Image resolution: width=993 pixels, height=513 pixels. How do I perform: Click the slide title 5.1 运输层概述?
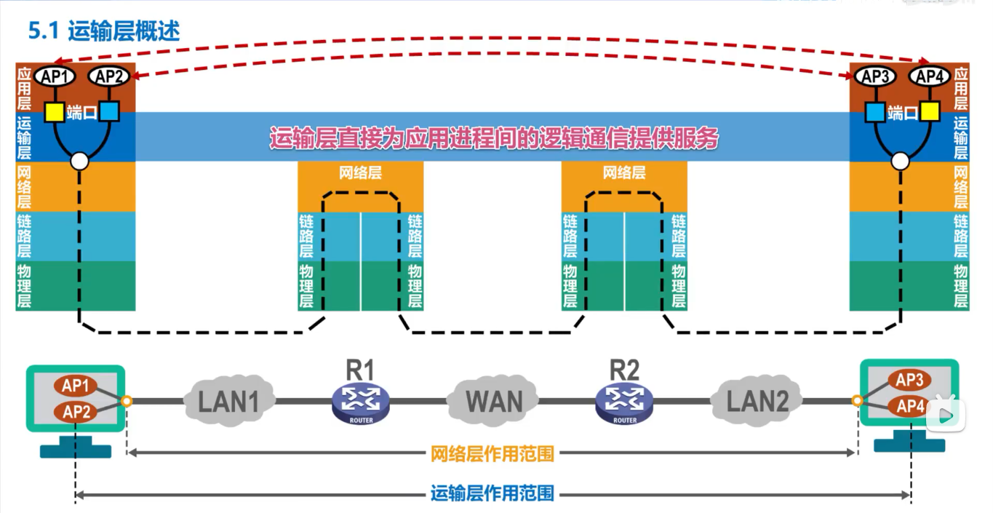click(x=103, y=31)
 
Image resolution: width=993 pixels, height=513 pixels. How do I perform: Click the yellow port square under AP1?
click(x=55, y=112)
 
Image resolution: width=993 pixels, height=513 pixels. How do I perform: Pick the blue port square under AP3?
click(x=875, y=112)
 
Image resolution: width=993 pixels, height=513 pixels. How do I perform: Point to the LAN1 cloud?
click(x=228, y=399)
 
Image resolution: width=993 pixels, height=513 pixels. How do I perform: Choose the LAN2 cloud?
click(x=756, y=399)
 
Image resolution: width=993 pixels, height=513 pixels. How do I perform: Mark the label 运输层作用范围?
click(x=492, y=494)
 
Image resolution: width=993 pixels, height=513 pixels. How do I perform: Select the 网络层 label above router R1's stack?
click(x=360, y=173)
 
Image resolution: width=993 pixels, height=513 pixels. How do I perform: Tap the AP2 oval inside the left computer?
click(x=76, y=413)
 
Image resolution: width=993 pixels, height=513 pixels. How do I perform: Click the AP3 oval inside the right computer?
click(x=909, y=381)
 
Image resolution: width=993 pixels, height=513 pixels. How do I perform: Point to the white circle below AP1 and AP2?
click(x=79, y=161)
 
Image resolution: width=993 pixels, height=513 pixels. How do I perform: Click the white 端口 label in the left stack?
click(x=81, y=112)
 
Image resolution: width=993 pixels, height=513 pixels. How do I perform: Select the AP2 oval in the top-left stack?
click(x=108, y=76)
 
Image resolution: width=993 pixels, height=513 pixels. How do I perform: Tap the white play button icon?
click(x=944, y=414)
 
